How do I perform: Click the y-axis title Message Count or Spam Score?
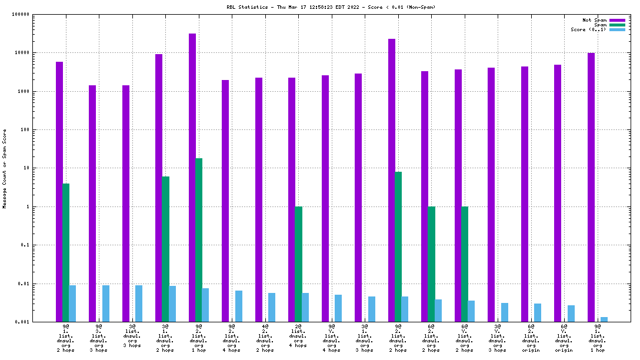[x=5, y=168]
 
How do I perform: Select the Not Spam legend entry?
[x=594, y=20]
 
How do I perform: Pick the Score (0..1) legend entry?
[x=588, y=29]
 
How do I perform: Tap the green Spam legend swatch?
[x=617, y=25]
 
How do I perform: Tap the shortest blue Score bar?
[x=604, y=319]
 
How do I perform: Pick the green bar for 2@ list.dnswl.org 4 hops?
[x=298, y=264]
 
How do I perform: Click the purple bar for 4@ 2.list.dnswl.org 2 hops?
[x=259, y=199]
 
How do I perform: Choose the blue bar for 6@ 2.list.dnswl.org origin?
[x=538, y=312]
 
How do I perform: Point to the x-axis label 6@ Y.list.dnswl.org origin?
[x=564, y=338]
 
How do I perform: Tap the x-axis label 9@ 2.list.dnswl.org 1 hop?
[x=199, y=338]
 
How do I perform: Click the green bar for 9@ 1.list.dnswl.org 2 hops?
[x=66, y=252]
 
